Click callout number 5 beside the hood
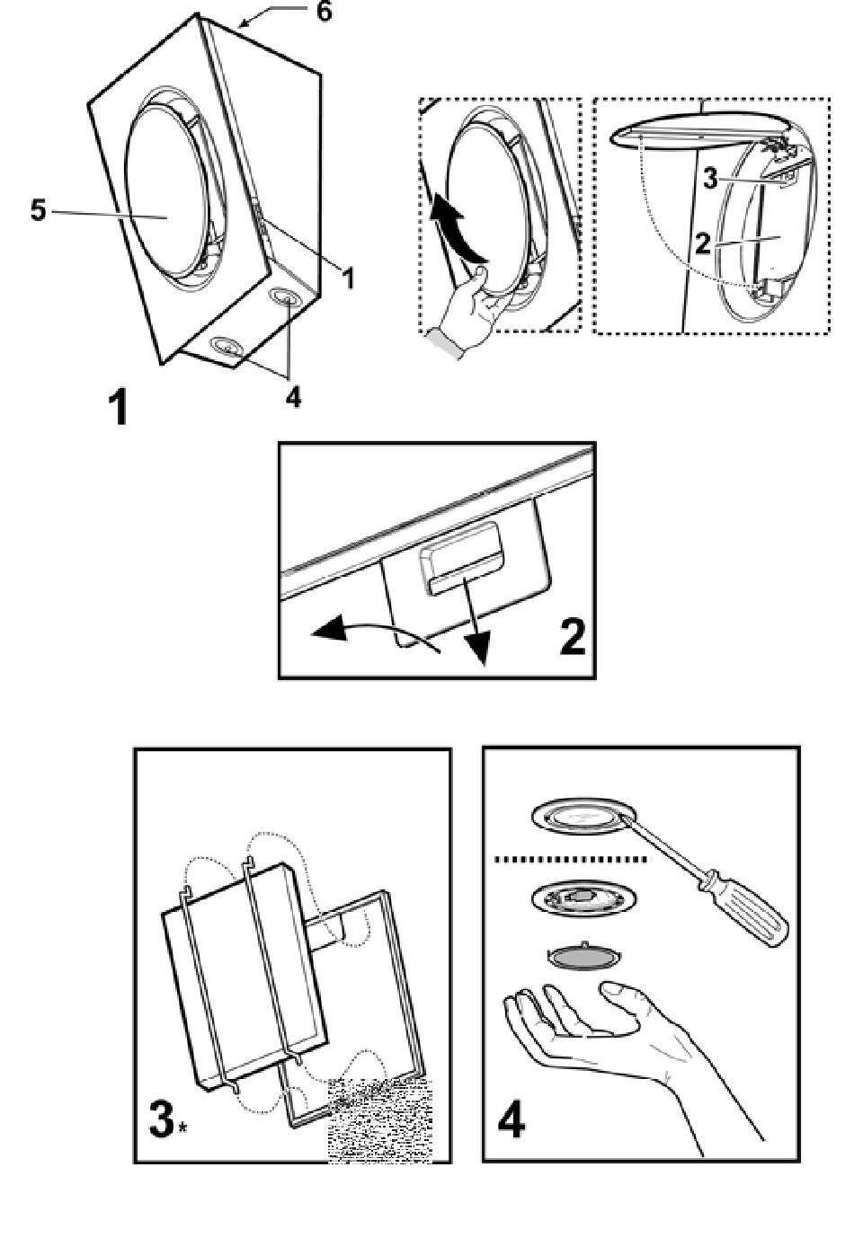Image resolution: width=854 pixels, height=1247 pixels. click(38, 211)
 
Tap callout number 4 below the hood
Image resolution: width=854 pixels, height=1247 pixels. click(293, 396)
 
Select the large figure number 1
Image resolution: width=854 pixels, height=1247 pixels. click(117, 408)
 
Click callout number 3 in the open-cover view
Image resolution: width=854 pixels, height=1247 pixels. click(710, 179)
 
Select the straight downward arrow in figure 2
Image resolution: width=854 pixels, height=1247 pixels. click(476, 629)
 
